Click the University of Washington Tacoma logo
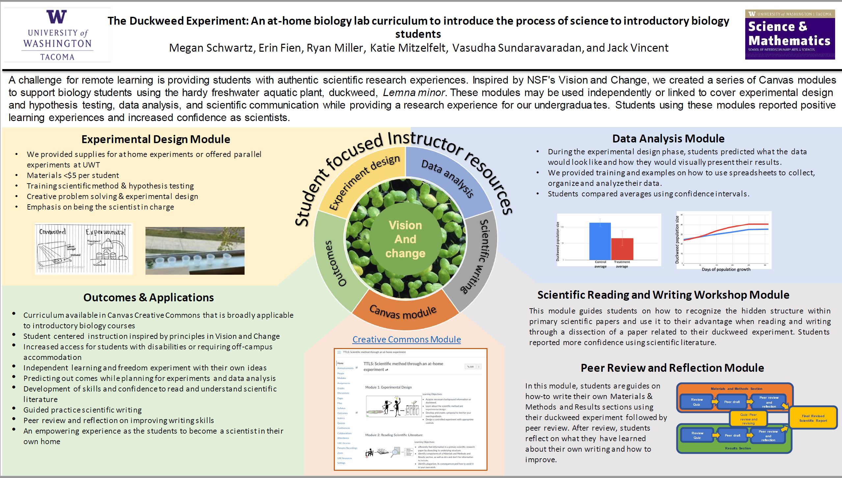click(57, 35)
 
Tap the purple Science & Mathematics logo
click(790, 35)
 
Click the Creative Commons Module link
click(407, 339)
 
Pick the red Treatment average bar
click(622, 249)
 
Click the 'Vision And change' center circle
click(406, 239)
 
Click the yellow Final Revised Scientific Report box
click(813, 418)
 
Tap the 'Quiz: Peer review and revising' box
click(749, 419)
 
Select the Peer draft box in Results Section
click(732, 435)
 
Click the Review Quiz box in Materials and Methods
click(697, 402)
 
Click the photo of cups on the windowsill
click(195, 251)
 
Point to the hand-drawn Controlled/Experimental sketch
click(84, 249)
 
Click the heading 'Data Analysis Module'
click(668, 138)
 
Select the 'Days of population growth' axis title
click(726, 269)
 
